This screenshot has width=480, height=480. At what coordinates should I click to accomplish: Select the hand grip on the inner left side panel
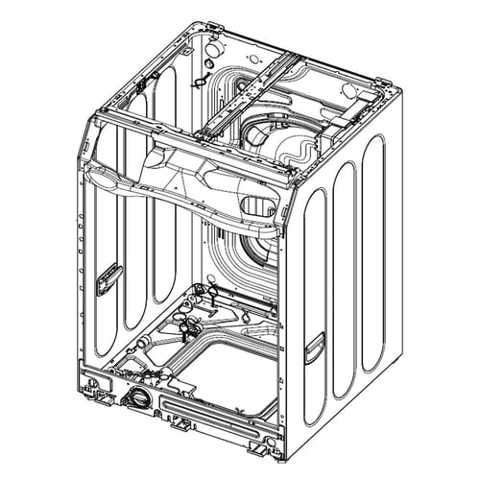(x=108, y=277)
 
